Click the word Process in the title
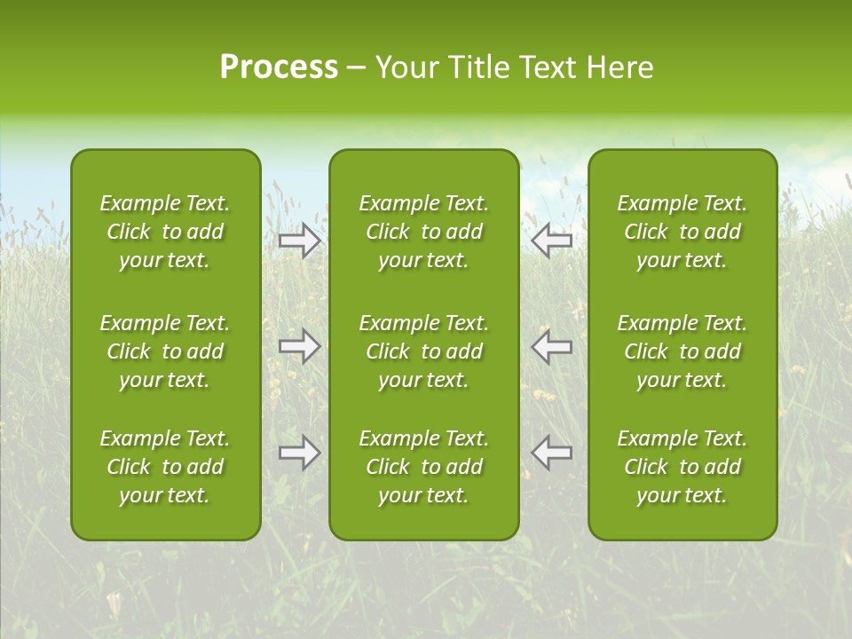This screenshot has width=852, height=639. pos(279,67)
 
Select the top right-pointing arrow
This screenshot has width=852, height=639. pos(300,240)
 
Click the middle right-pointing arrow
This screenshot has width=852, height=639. pos(300,346)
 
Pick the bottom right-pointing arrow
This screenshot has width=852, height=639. pos(300,453)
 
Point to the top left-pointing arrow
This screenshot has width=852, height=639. pos(551,240)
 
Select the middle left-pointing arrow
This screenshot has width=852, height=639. pos(551,346)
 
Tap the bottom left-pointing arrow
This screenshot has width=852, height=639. pos(551,453)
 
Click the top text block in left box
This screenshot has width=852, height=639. pos(165,232)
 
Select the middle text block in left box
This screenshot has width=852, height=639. pos(165,351)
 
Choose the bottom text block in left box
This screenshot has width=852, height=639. pos(165,467)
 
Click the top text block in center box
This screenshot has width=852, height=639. pos(423,232)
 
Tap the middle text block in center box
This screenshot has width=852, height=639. pos(423,351)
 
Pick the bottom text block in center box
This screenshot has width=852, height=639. pos(423,467)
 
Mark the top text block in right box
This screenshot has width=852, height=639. pos(682,232)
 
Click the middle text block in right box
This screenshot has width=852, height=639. pos(682,351)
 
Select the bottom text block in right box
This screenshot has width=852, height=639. pos(682,467)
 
